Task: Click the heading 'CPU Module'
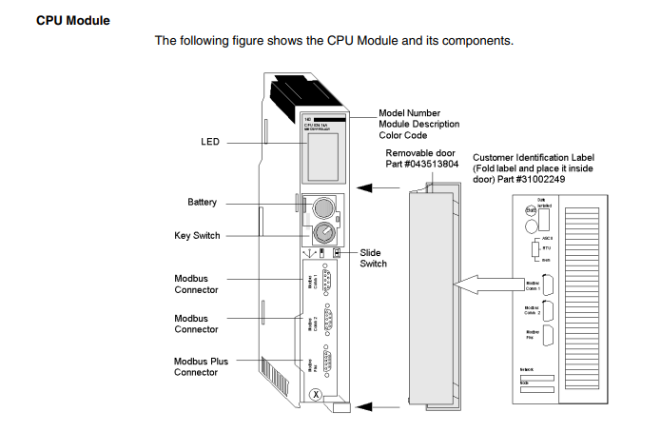[72, 19]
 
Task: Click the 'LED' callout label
[210, 142]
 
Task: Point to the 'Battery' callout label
[203, 202]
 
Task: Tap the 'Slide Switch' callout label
[373, 258]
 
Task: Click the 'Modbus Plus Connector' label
[201, 366]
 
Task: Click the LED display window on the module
[323, 156]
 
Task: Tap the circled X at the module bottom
[316, 394]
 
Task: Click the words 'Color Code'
[405, 135]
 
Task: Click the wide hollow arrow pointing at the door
[491, 283]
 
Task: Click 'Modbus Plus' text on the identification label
[531, 334]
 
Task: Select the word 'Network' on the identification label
[529, 369]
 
